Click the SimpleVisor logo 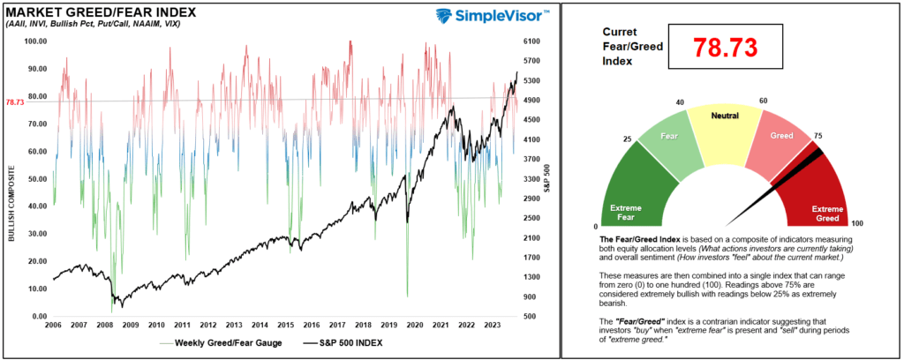tap(493, 16)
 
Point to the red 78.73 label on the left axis tap(14, 102)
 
